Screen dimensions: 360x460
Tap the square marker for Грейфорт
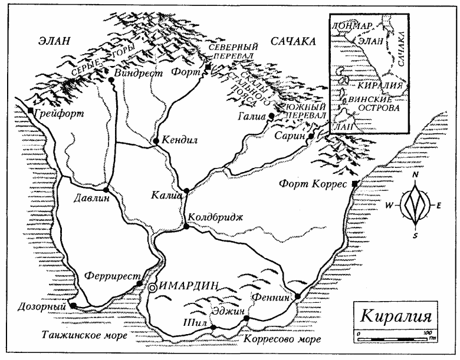[31, 110]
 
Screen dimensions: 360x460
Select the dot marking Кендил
[155, 141]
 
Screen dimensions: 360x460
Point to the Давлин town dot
[106, 190]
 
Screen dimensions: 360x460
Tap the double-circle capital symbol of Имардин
[152, 288]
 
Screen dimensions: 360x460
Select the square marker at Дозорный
[72, 305]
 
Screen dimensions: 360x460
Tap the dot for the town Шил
[213, 327]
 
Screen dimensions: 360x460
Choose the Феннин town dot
[298, 296]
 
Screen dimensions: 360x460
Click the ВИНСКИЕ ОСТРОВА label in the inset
[373, 104]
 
